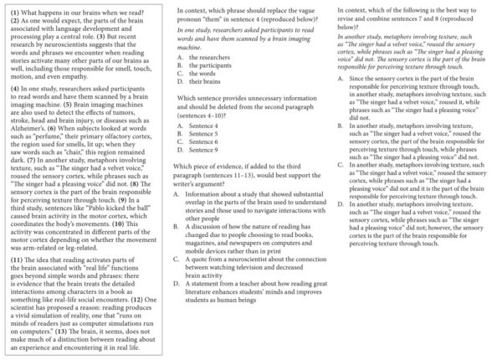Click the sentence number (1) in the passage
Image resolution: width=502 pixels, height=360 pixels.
14,10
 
